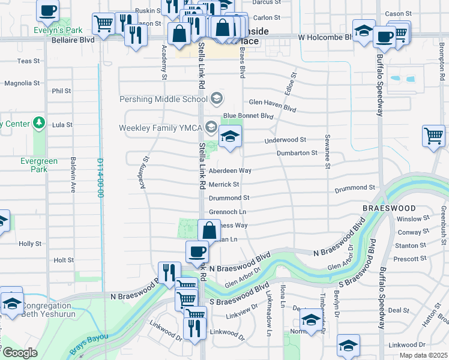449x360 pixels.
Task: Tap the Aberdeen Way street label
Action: point(230,171)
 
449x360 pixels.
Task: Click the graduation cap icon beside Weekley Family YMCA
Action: point(230,137)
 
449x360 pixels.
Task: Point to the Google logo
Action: point(20,353)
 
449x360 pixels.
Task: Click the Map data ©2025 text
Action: point(423,355)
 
